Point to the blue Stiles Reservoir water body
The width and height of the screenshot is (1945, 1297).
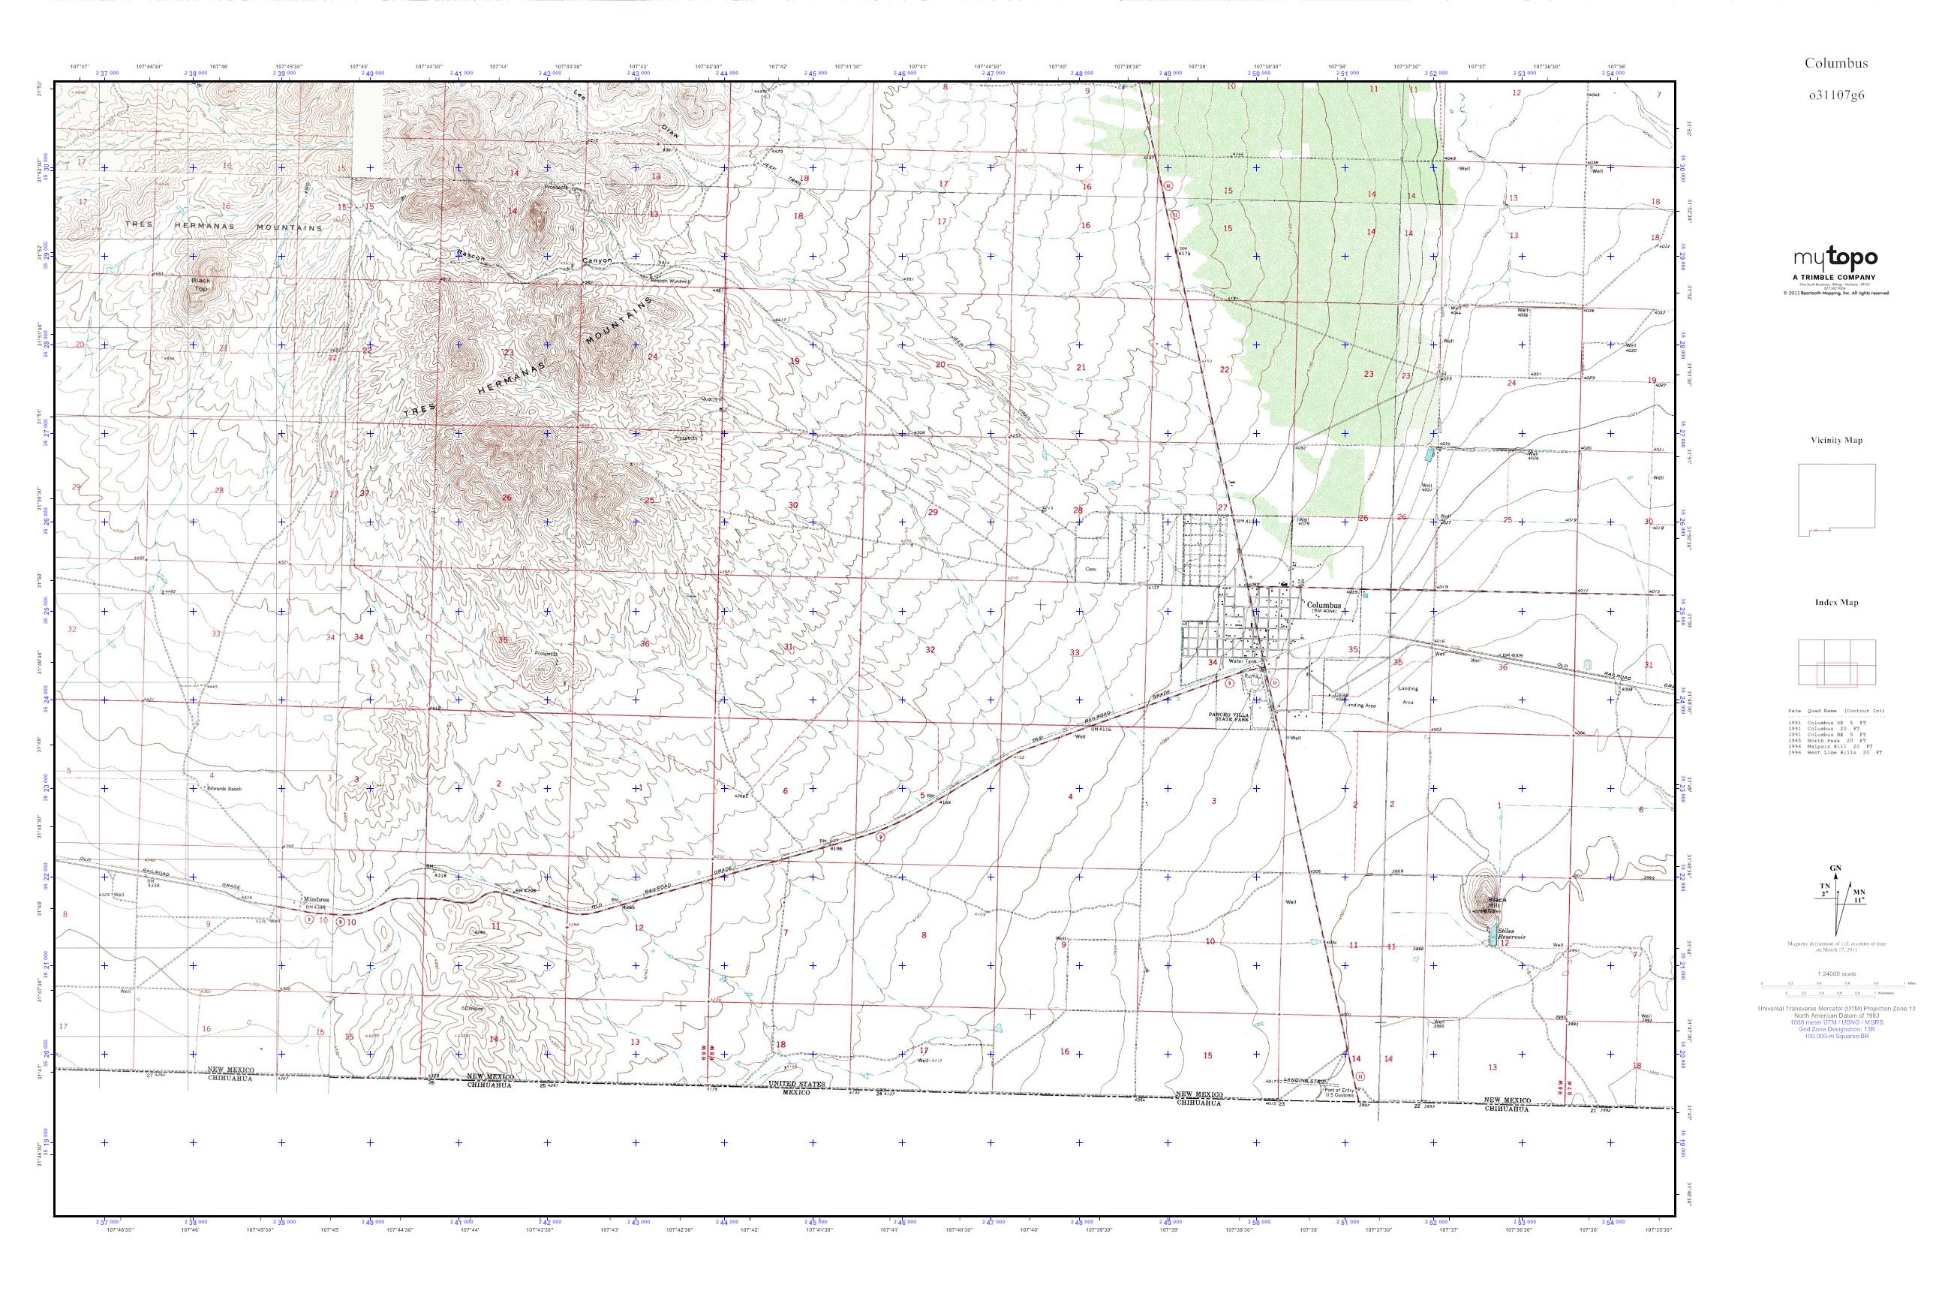(x=1493, y=935)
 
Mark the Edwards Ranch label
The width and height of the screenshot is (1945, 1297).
(x=224, y=789)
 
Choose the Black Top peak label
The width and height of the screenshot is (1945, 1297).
(x=201, y=285)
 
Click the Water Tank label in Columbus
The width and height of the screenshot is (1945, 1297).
(x=1242, y=662)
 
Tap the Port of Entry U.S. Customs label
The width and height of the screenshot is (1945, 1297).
(x=1339, y=1093)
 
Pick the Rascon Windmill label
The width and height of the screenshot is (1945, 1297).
(x=669, y=281)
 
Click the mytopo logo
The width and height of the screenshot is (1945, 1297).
(x=1835, y=259)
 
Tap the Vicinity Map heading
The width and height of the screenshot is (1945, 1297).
(x=1836, y=441)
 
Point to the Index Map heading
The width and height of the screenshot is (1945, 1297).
(x=1836, y=602)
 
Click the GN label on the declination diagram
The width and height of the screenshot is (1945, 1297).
(x=1835, y=868)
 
